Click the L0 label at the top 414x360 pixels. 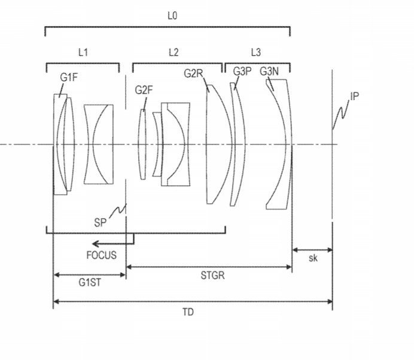(172, 16)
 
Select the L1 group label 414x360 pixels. (83, 52)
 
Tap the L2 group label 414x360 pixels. (173, 52)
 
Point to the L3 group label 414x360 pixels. (256, 52)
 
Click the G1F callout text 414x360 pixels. (69, 77)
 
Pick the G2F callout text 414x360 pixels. (144, 90)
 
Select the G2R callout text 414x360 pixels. (193, 73)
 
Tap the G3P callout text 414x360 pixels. (242, 71)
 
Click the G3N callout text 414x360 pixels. (269, 71)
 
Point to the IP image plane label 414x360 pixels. (355, 96)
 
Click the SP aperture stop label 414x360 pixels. (100, 222)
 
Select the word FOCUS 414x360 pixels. (101, 255)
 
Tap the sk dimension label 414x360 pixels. (313, 258)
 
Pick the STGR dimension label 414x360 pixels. (212, 276)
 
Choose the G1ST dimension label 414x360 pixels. (90, 282)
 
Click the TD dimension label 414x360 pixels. (188, 312)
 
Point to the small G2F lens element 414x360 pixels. (142, 144)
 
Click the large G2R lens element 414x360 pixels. (219, 144)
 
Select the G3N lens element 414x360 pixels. (279, 144)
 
